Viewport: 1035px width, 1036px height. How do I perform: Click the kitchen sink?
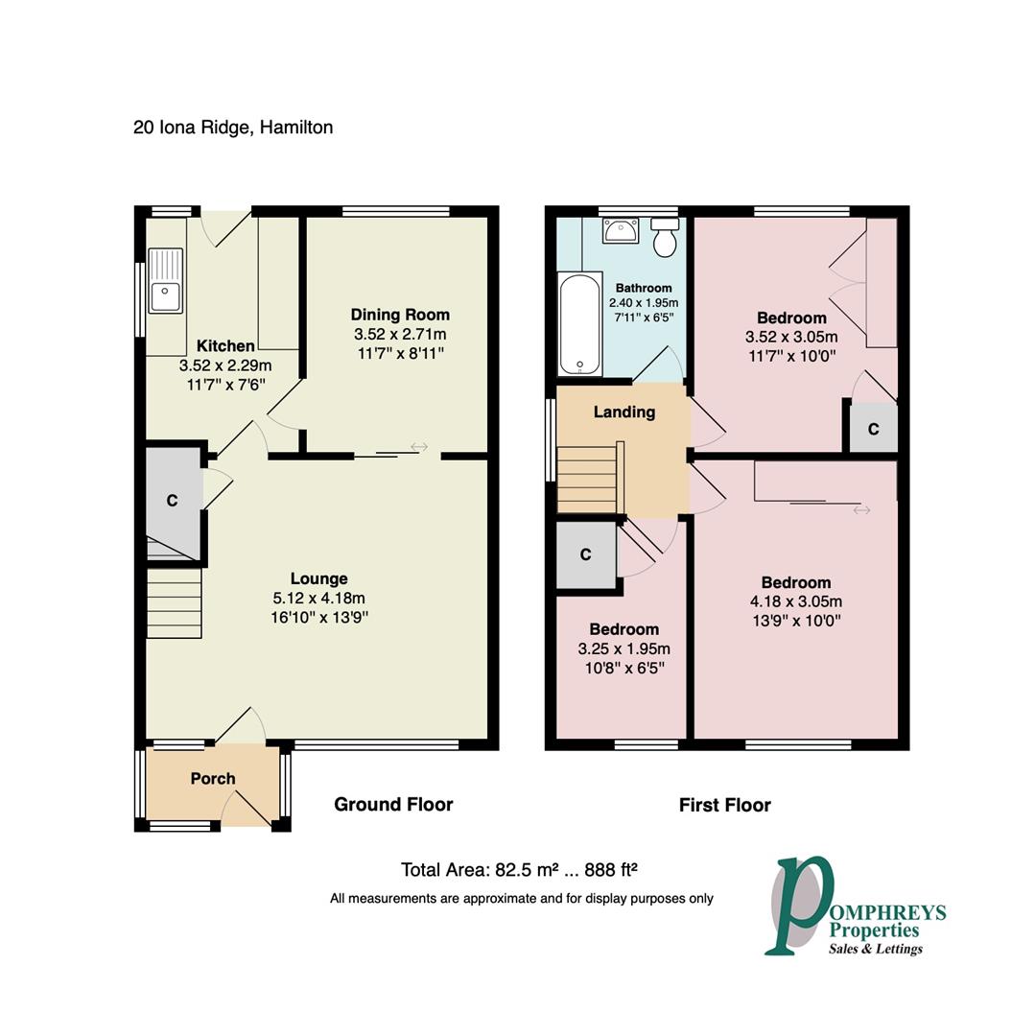click(x=166, y=281)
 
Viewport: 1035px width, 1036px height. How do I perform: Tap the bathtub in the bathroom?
click(x=578, y=325)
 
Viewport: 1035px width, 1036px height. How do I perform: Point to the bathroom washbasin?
click(x=621, y=230)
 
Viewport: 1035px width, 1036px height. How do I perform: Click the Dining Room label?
click(x=399, y=315)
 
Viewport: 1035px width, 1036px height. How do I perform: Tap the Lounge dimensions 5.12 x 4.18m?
click(x=318, y=598)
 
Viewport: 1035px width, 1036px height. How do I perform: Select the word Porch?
click(x=213, y=778)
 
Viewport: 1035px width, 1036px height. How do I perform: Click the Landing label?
click(x=623, y=412)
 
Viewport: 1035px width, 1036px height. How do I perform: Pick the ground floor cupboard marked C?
click(x=173, y=500)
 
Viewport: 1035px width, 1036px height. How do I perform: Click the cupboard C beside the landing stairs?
click(x=585, y=554)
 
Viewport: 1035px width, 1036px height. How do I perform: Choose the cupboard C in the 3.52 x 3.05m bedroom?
click(x=873, y=429)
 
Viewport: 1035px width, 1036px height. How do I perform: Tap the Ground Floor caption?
click(x=393, y=804)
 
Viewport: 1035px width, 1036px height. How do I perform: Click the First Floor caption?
click(x=724, y=805)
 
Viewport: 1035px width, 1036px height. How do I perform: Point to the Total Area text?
click(x=519, y=870)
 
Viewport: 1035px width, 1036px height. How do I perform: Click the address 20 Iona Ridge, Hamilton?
click(x=233, y=127)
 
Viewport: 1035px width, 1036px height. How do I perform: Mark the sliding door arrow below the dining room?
click(x=419, y=446)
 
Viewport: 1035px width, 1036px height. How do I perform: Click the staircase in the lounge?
click(x=174, y=603)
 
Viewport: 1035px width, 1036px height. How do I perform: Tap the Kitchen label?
click(x=225, y=345)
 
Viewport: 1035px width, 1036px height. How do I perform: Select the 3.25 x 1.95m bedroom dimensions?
click(x=623, y=648)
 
